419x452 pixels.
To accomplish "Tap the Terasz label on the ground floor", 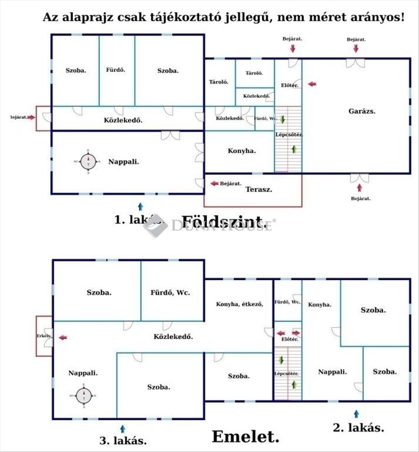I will click(259, 190).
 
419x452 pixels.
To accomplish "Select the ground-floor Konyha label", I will click(242, 151).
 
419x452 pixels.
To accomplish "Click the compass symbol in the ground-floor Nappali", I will click(88, 161).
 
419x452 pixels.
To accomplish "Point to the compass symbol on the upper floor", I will click(84, 395).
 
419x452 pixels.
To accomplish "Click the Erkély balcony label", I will click(44, 336).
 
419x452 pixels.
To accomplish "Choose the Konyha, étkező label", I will click(239, 304).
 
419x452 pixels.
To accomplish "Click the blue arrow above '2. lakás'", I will click(356, 414).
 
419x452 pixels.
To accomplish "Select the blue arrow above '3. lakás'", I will click(123, 428).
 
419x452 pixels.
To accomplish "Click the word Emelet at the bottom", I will click(245, 437).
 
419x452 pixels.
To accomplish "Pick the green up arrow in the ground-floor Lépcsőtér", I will click(294, 149).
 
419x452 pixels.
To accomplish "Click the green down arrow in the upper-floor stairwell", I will click(281, 360).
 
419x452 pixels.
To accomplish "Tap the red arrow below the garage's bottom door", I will click(359, 187).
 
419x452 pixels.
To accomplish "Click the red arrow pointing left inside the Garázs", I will click(312, 84).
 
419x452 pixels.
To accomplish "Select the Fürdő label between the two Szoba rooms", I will click(116, 70).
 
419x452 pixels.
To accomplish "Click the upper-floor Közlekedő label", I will click(173, 336).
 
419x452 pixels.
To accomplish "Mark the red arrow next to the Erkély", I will click(63, 337).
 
